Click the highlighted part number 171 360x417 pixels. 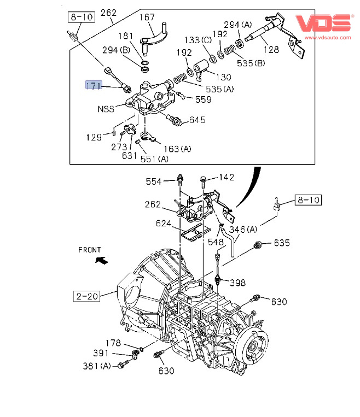pyautogui.click(x=94, y=85)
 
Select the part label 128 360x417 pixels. pyautogui.click(x=272, y=49)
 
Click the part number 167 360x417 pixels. pyautogui.click(x=147, y=17)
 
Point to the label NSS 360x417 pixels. pyautogui.click(x=106, y=109)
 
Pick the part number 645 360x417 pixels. pyautogui.click(x=197, y=120)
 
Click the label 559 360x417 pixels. pyautogui.click(x=203, y=99)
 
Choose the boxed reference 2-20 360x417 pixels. pyautogui.click(x=87, y=297)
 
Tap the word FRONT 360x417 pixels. pyautogui.click(x=90, y=250)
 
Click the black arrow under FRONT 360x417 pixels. pyautogui.click(x=100, y=260)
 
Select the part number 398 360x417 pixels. pyautogui.click(x=237, y=283)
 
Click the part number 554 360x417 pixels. pyautogui.click(x=154, y=181)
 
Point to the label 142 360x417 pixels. pyautogui.click(x=227, y=177)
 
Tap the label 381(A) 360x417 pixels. pyautogui.click(x=97, y=366)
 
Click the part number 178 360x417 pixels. pyautogui.click(x=113, y=343)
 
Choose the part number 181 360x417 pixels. pyautogui.click(x=126, y=36)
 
